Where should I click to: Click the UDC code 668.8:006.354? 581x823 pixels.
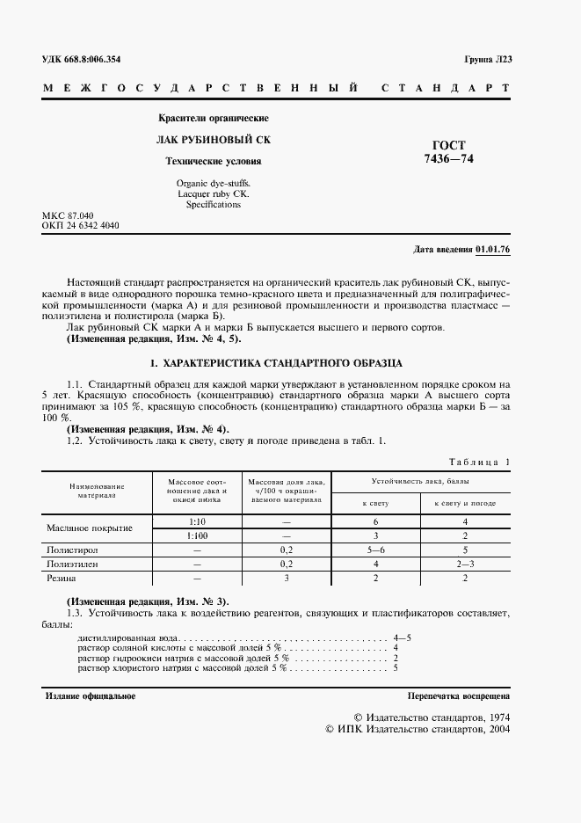pyautogui.click(x=82, y=60)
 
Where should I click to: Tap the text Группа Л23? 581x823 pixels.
pyautogui.click(x=487, y=60)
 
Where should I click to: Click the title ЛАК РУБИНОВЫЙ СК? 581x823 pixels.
pyautogui.click(x=214, y=140)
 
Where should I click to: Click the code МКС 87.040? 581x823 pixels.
pyautogui.click(x=68, y=215)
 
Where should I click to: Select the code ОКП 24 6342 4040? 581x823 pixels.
pyautogui.click(x=81, y=226)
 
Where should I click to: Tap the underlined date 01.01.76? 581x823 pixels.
pyautogui.click(x=492, y=250)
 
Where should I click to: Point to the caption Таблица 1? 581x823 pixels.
pyautogui.click(x=478, y=462)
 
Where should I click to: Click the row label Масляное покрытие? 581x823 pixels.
pyautogui.click(x=89, y=528)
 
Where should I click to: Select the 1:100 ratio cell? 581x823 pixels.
pyautogui.click(x=197, y=535)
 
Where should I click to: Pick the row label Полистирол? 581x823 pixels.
pyautogui.click(x=72, y=549)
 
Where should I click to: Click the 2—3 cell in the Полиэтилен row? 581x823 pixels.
pyautogui.click(x=464, y=564)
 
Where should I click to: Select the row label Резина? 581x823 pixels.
pyautogui.click(x=62, y=579)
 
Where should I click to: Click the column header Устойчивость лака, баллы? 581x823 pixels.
pyautogui.click(x=419, y=483)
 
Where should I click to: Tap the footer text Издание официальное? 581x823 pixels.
pyautogui.click(x=91, y=696)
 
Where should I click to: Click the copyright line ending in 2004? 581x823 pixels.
pyautogui.click(x=418, y=729)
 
